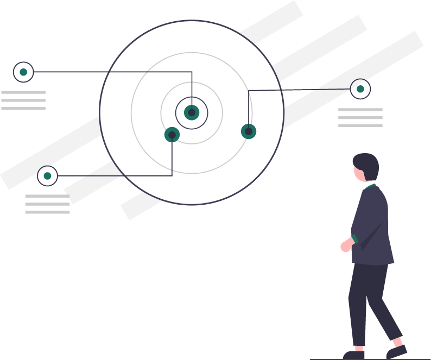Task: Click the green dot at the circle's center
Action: click(192, 113)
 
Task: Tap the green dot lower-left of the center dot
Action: click(172, 135)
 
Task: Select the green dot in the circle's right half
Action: click(249, 131)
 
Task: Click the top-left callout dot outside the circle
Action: click(23, 72)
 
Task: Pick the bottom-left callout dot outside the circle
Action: click(47, 176)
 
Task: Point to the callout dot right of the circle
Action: click(360, 89)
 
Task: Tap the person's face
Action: click(359, 173)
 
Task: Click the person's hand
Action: click(345, 246)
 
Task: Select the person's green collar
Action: click(371, 186)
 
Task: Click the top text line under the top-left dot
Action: click(23, 92)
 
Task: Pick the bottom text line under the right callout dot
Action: click(360, 125)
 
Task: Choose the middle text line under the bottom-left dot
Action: click(47, 204)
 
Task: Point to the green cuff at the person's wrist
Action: click(354, 239)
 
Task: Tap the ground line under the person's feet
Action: click(369, 359)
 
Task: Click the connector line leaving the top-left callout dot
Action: click(109, 72)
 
